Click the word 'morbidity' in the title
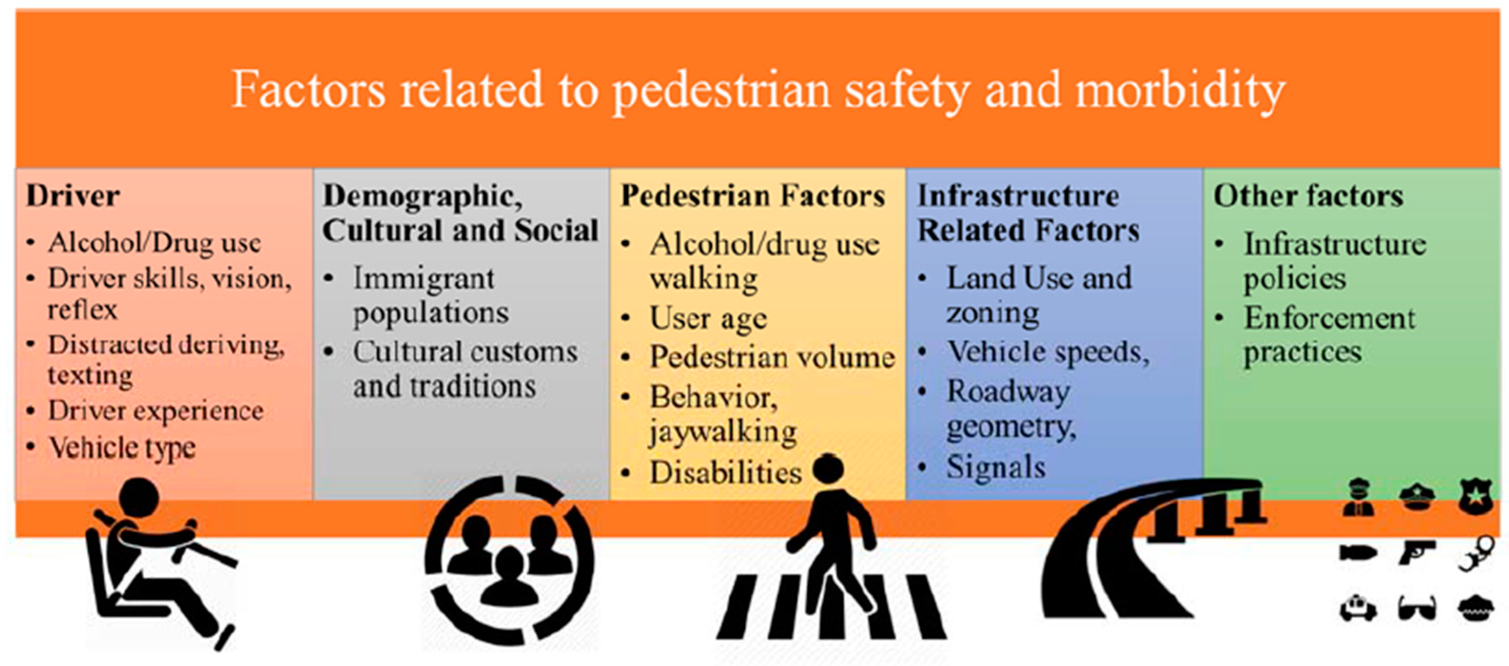pos(1180,91)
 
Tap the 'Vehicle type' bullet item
pos(122,448)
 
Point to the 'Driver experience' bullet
pos(156,410)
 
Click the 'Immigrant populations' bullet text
pos(431,296)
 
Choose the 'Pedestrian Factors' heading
pos(753,196)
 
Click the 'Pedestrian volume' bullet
pos(772,357)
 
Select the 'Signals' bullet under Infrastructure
pos(996,467)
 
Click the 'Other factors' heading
pos(1309,196)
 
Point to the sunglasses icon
pos(1417,608)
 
